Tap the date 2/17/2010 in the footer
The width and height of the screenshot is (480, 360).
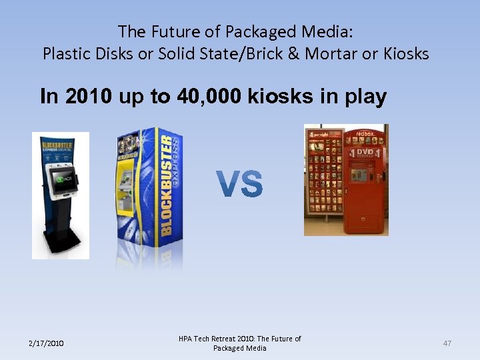pos(46,343)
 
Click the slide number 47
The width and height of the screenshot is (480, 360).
pos(447,343)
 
